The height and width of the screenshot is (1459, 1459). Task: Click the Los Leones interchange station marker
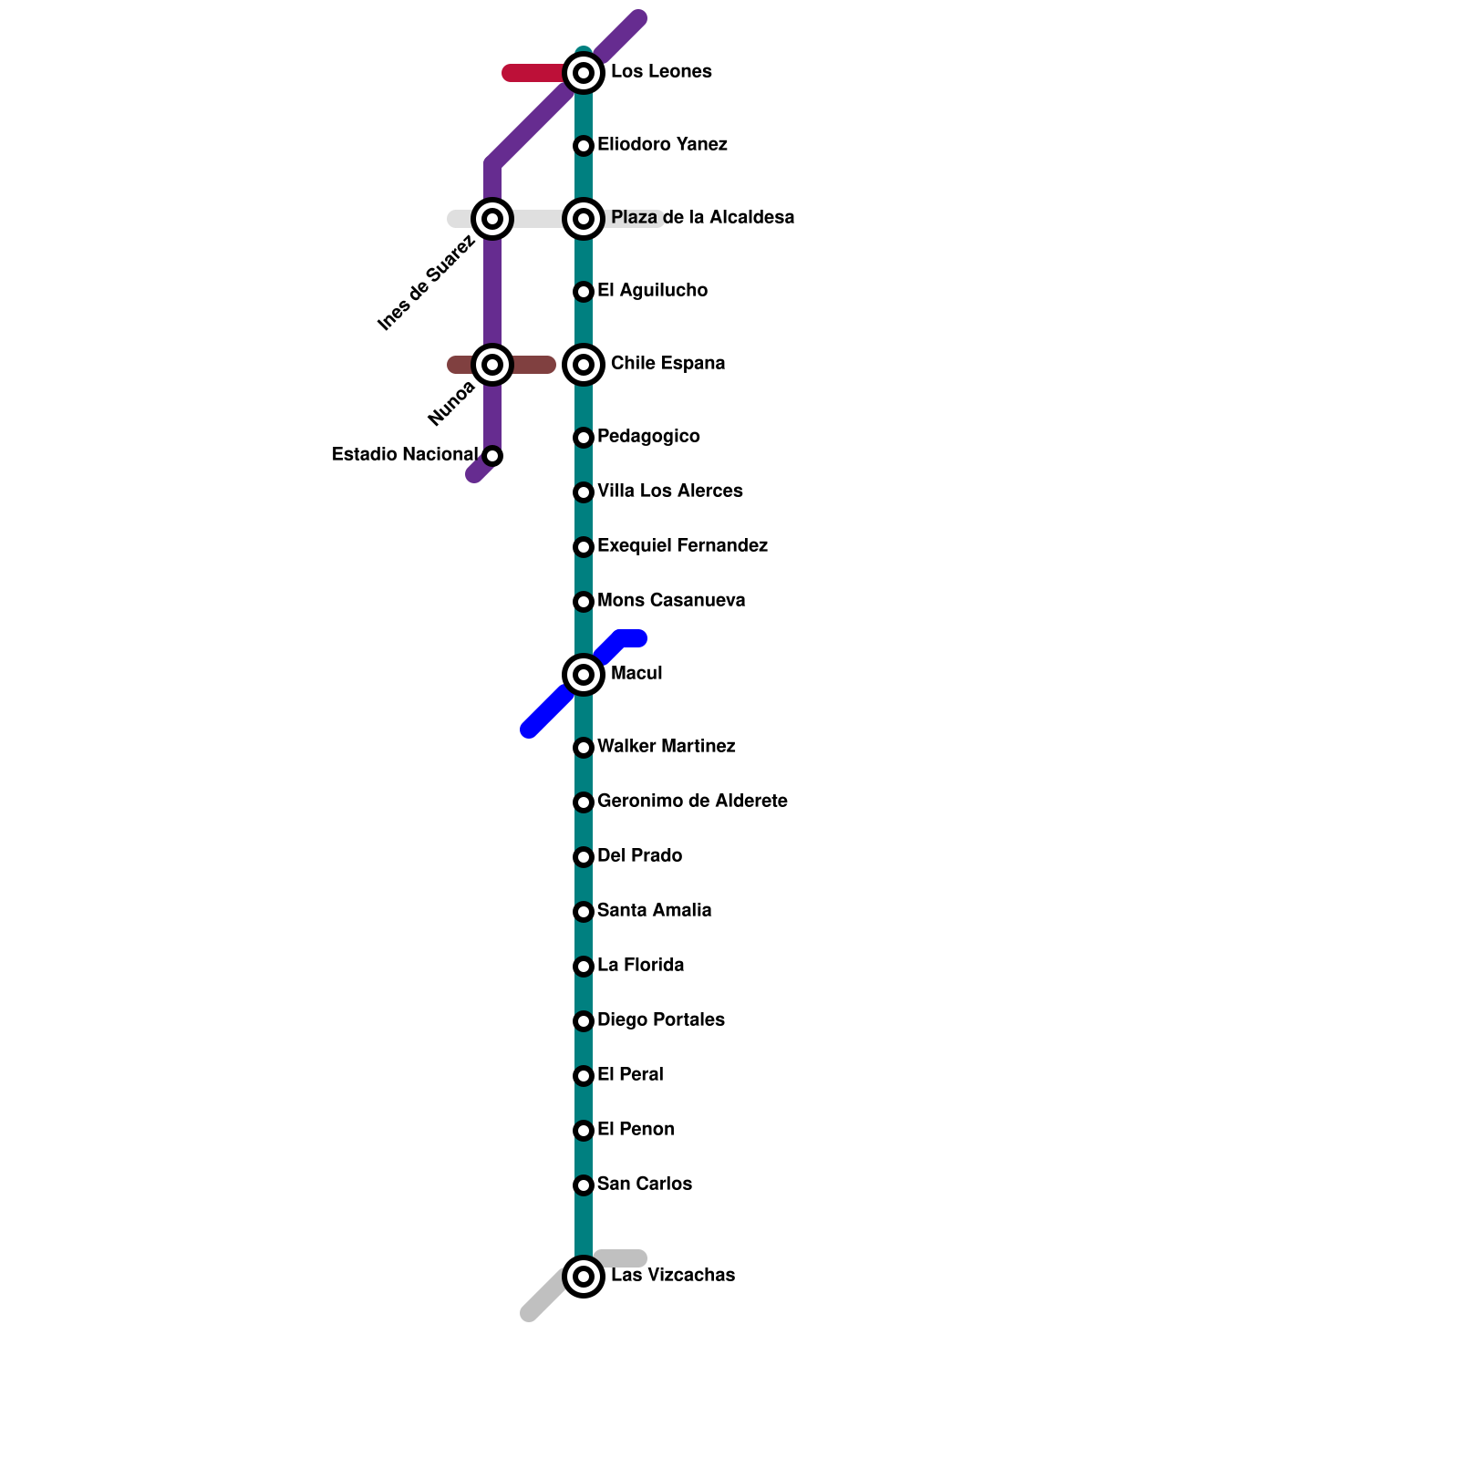[584, 73]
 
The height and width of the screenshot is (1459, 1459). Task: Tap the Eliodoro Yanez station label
[662, 145]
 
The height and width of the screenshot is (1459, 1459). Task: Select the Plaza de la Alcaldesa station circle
[584, 219]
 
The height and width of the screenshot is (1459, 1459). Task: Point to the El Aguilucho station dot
[584, 292]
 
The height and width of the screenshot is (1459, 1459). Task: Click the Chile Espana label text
[667, 364]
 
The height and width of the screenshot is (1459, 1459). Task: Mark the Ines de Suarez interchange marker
[492, 219]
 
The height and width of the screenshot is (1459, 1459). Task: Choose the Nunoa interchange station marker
[492, 365]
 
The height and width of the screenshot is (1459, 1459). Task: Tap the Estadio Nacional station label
[404, 454]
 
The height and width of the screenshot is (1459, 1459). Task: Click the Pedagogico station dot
[584, 438]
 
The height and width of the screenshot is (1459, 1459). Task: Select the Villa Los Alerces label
[669, 492]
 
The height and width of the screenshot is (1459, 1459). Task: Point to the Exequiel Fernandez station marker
[584, 547]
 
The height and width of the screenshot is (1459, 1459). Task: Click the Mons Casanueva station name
[671, 601]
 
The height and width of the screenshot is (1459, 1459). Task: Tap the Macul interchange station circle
[584, 675]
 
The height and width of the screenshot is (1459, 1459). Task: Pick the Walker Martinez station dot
[584, 748]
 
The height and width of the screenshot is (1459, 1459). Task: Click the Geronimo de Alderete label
[692, 802]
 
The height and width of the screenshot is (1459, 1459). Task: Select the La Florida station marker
[584, 967]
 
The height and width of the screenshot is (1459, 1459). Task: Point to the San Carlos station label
[644, 1185]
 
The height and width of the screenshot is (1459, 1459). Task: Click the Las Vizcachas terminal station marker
[584, 1277]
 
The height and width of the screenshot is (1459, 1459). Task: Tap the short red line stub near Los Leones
[533, 73]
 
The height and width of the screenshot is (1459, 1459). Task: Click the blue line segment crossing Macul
[547, 711]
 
